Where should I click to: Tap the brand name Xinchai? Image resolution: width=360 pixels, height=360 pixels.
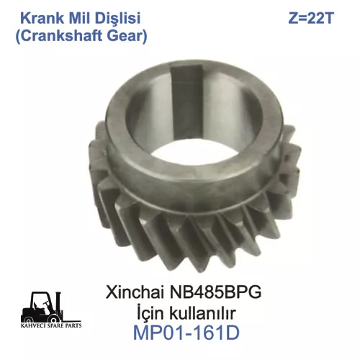point(135,292)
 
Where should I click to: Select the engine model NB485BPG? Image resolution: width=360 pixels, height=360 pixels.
point(215,292)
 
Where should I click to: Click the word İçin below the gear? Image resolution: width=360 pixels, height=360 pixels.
point(149,313)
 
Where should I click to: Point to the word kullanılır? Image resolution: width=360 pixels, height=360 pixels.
point(202,313)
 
